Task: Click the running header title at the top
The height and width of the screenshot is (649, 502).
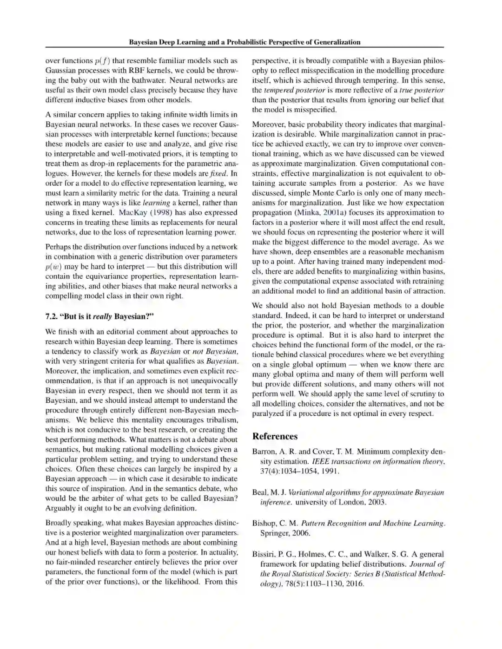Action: (244, 42)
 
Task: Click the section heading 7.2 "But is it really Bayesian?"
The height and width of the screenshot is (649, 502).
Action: (99, 317)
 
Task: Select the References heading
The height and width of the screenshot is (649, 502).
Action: (275, 436)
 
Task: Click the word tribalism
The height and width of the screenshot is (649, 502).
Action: (220, 420)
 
